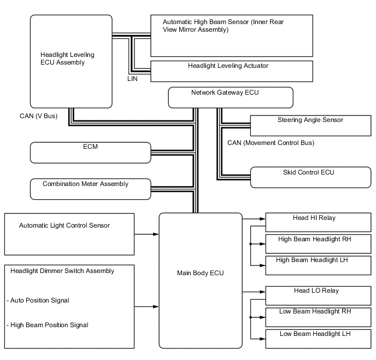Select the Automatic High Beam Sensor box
click(231, 36)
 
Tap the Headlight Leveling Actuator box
click(231, 71)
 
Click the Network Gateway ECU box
click(230, 97)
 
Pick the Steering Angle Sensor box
click(310, 125)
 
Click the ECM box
click(90, 152)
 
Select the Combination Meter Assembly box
click(90, 189)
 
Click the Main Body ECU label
click(201, 273)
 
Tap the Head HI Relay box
click(318, 222)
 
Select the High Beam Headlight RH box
click(318, 243)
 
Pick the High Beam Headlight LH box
click(318, 265)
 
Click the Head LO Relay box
click(318, 295)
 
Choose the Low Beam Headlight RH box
click(318, 317)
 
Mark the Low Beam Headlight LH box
click(318, 338)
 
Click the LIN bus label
click(132, 79)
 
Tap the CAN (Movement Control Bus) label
click(271, 143)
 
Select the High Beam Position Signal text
click(49, 325)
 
